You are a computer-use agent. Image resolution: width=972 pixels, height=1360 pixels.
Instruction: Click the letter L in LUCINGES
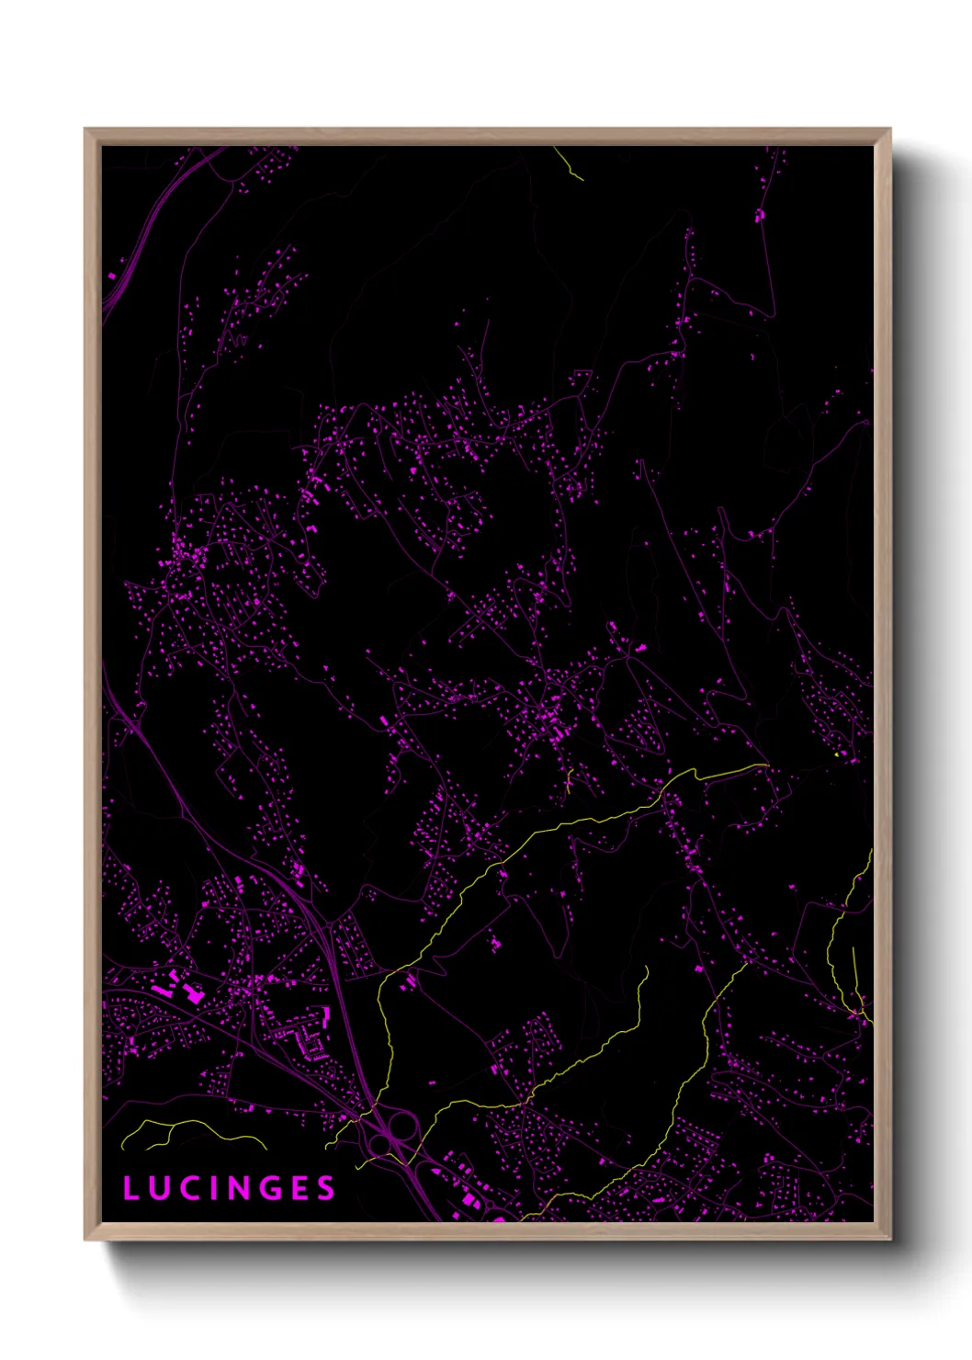(x=130, y=1188)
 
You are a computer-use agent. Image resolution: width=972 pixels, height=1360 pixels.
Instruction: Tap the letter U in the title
(x=156, y=1188)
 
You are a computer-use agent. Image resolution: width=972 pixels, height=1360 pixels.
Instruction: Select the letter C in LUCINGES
(x=185, y=1188)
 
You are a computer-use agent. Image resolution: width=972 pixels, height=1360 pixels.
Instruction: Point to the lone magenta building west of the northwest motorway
(x=112, y=275)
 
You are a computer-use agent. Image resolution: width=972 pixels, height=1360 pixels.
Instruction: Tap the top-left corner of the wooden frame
(x=85, y=130)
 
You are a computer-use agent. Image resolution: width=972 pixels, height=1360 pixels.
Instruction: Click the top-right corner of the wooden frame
(x=889, y=130)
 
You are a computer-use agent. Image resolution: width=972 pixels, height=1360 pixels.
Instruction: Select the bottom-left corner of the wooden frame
(x=85, y=1239)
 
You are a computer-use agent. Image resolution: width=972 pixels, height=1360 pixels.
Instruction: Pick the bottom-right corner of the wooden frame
(x=889, y=1239)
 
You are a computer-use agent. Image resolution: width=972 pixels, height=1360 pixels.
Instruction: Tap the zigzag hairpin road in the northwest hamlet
(x=239, y=340)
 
